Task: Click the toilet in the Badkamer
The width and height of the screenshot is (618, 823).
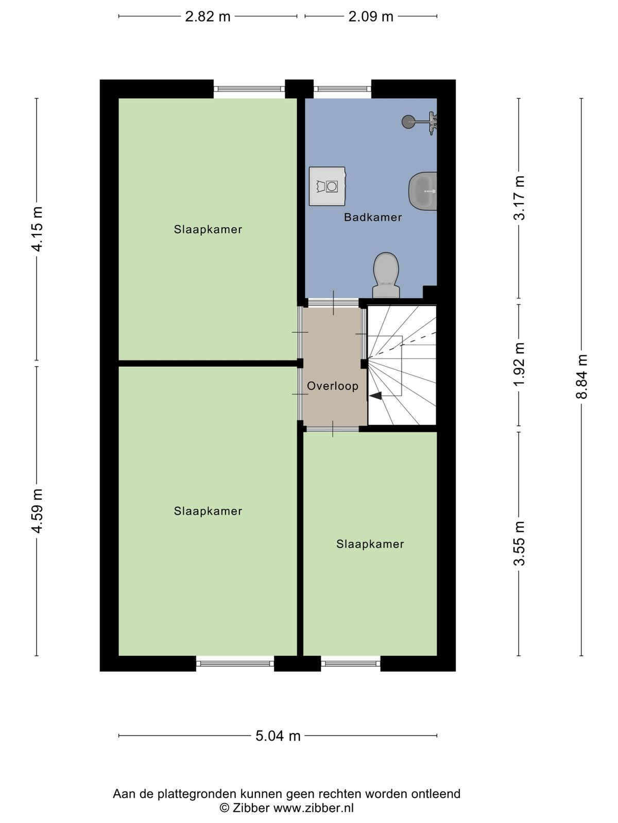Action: click(x=386, y=275)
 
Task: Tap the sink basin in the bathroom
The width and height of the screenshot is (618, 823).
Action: click(x=423, y=191)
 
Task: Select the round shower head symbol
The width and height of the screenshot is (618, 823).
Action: click(x=408, y=121)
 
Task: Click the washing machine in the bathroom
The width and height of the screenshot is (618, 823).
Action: click(x=327, y=186)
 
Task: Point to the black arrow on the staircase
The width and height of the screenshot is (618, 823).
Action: click(x=375, y=395)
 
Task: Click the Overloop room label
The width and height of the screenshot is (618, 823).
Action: click(x=333, y=386)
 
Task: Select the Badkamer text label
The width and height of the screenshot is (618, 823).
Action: click(x=372, y=217)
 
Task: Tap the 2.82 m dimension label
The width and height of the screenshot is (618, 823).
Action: click(x=208, y=16)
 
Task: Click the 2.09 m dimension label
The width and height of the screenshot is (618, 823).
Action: click(x=371, y=16)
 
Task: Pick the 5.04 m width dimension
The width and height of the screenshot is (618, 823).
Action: click(x=278, y=736)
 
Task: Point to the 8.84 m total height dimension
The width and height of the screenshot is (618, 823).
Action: click(x=581, y=376)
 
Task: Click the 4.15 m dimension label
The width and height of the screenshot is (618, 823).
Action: click(x=37, y=229)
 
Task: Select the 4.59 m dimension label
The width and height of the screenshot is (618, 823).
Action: click(x=37, y=510)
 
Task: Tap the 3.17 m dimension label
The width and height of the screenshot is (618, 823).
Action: click(x=520, y=198)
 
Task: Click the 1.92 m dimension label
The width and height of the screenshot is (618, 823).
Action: click(x=520, y=365)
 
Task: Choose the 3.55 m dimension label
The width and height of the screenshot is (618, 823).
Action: click(x=520, y=543)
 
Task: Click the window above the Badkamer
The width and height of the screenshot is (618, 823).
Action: click(x=342, y=89)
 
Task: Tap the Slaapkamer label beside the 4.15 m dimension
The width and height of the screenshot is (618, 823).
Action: click(x=208, y=229)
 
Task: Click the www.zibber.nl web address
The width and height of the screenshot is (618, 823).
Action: click(x=313, y=808)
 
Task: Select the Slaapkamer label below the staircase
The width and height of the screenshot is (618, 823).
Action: click(x=370, y=544)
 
